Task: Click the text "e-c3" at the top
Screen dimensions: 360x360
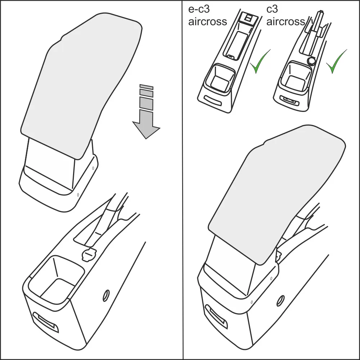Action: tap(199, 9)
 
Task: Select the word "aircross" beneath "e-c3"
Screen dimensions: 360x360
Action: tap(208, 22)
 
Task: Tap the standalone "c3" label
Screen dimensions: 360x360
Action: tap(272, 9)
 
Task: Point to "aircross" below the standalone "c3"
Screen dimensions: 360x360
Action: tap(285, 22)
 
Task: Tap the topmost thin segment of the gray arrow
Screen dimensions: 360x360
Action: tap(146, 87)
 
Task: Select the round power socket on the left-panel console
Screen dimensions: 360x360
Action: tap(89, 255)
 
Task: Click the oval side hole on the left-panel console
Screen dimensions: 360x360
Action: tap(106, 296)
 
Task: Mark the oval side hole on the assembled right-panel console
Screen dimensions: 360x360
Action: tap(280, 300)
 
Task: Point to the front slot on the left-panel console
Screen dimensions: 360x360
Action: tap(46, 322)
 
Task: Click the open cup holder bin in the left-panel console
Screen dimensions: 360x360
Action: tap(56, 279)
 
